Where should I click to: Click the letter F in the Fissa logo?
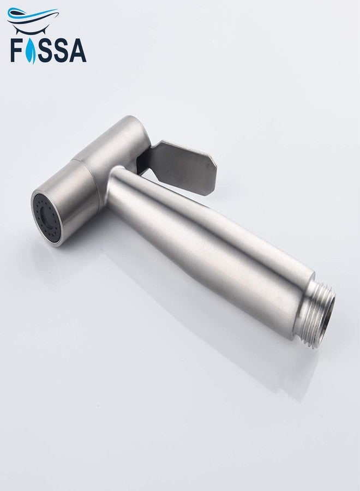pos(16,50)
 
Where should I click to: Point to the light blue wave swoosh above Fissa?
pos(31,14)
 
